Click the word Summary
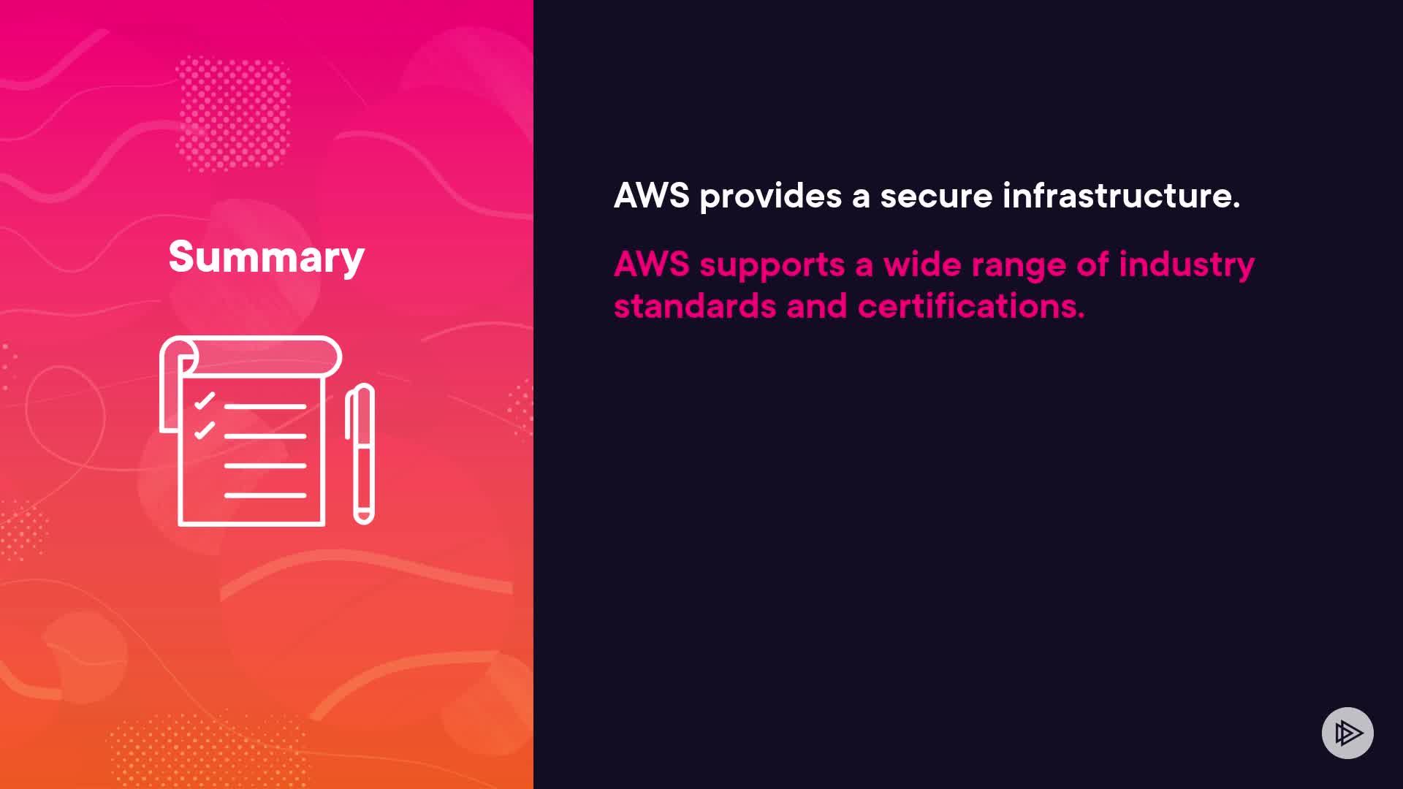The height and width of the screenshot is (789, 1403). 266,257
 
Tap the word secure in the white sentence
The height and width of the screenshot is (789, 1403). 936,196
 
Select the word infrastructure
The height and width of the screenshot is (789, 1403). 1121,196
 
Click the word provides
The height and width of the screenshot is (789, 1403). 770,196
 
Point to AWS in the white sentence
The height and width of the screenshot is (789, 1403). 651,196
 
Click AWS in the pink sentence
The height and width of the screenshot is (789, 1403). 651,264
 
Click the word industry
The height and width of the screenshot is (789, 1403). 1186,264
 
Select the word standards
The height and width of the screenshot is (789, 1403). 694,306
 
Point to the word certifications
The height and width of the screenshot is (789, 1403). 970,306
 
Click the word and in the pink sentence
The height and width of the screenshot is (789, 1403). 816,306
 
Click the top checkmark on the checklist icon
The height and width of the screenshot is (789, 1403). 205,401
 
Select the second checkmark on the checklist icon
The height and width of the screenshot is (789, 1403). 205,430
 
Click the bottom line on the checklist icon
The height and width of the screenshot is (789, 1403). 265,495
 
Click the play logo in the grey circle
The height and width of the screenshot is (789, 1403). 1347,733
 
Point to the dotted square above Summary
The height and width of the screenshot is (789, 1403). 234,114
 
